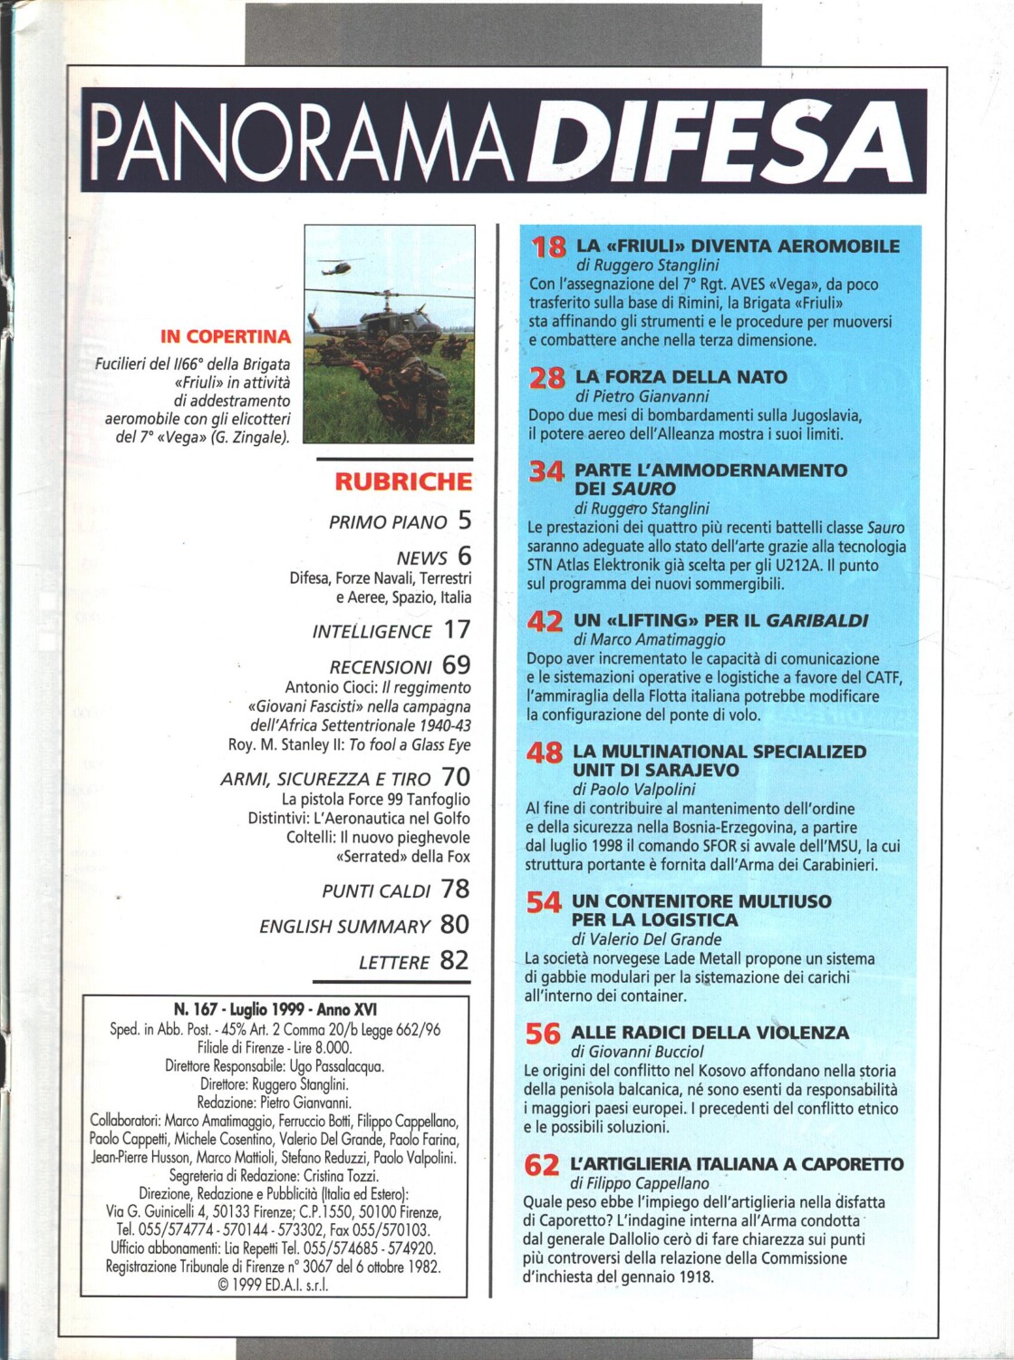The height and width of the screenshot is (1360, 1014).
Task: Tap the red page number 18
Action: (x=548, y=247)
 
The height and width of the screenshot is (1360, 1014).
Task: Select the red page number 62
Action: (x=542, y=1165)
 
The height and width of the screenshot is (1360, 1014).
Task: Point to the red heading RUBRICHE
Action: (x=403, y=481)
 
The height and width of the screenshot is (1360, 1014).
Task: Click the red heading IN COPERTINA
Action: (x=226, y=336)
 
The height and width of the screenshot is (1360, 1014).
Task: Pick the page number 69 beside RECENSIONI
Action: (x=457, y=665)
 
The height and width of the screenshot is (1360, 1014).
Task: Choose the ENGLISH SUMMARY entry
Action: (x=344, y=927)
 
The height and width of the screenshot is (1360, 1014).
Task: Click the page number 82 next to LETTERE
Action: (x=455, y=960)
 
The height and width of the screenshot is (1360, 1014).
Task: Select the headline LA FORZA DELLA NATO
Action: (x=681, y=377)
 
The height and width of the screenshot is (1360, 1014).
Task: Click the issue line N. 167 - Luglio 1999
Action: (x=275, y=1010)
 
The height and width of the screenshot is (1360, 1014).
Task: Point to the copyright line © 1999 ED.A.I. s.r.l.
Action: (x=274, y=1285)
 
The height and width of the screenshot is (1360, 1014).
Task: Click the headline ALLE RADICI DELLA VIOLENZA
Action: (x=710, y=1033)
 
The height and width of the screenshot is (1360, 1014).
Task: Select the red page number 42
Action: (x=545, y=622)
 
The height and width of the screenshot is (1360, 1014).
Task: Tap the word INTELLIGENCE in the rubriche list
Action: (x=372, y=632)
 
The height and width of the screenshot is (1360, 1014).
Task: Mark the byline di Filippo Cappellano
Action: (x=640, y=1183)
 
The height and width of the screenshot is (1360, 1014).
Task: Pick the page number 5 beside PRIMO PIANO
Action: (x=464, y=520)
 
